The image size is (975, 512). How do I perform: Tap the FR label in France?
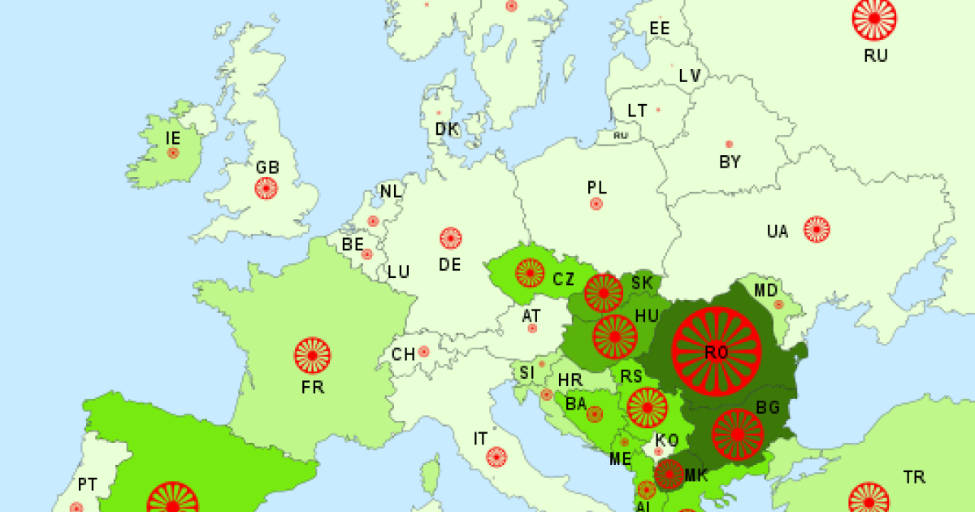(x=312, y=387)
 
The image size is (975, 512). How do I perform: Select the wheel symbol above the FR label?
(x=312, y=355)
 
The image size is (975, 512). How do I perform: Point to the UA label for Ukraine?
(x=778, y=232)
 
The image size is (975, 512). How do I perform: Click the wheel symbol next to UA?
(x=817, y=229)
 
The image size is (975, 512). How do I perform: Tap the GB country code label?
(x=267, y=167)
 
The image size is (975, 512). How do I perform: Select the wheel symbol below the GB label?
(x=266, y=189)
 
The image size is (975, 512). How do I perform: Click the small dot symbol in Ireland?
(x=173, y=152)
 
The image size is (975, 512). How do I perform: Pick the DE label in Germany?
(x=449, y=264)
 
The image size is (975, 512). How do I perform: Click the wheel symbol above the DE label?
(x=450, y=238)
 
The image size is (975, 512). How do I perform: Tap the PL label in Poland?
(x=596, y=187)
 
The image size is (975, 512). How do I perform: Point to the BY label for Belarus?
(x=730, y=162)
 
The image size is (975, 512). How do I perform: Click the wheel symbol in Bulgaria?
(x=738, y=434)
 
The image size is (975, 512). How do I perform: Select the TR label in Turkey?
(x=914, y=477)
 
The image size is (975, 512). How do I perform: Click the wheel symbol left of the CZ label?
(x=529, y=272)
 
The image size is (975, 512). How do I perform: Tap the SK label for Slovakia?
(x=642, y=283)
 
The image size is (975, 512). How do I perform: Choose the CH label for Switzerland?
(x=403, y=354)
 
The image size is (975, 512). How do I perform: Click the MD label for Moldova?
(x=765, y=290)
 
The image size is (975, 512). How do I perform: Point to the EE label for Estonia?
(x=659, y=28)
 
